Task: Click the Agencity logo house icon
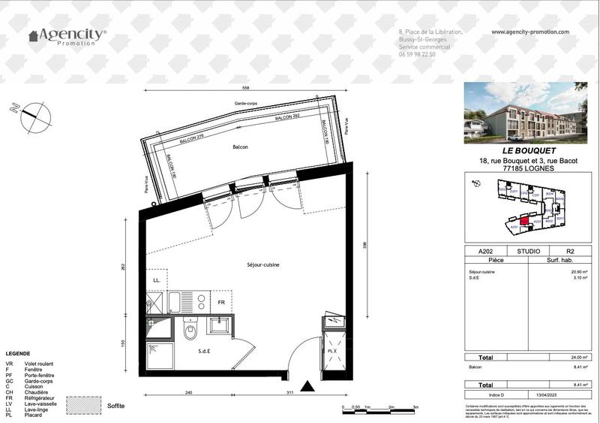(33, 35)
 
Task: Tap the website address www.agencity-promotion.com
(530, 32)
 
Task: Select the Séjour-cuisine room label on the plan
(264, 264)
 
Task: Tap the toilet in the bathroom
(190, 330)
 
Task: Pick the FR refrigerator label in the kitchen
(221, 302)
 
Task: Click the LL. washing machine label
(157, 281)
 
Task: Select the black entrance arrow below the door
(307, 386)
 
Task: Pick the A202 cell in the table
(475, 251)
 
